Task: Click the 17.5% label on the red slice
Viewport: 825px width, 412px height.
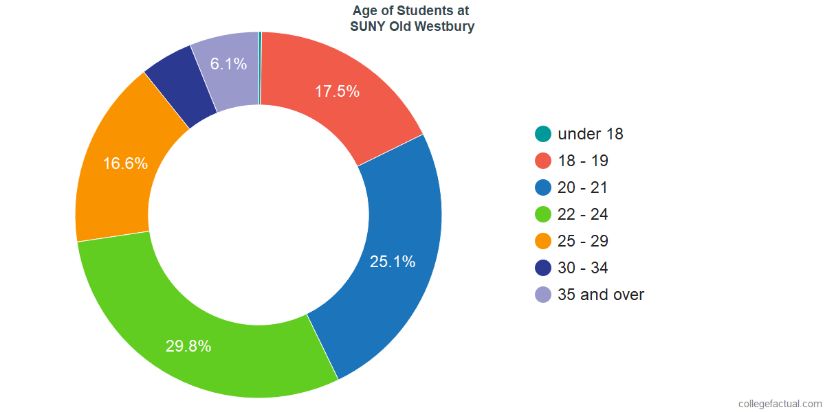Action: coord(337,91)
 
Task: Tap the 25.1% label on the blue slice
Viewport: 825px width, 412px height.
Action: coord(393,262)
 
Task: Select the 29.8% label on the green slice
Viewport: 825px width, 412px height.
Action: coord(188,346)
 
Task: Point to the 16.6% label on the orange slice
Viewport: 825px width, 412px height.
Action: coord(125,163)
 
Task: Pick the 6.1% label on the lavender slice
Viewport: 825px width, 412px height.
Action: coord(228,65)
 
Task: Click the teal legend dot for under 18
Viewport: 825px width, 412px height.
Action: coord(543,134)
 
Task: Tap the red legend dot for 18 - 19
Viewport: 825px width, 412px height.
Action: coord(543,161)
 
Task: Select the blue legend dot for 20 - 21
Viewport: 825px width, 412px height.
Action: coord(543,187)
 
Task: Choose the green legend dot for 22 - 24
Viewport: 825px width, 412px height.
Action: coord(543,214)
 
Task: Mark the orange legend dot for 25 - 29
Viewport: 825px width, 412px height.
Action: coord(543,241)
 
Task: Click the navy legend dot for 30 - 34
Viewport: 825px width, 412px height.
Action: coord(543,268)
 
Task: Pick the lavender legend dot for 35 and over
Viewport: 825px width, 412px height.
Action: coord(543,295)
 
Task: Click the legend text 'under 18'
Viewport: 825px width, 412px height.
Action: coord(591,134)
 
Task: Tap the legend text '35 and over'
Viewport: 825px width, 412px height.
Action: coord(601,295)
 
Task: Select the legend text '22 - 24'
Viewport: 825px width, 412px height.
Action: coord(583,214)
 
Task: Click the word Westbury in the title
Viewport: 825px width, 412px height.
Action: coord(443,27)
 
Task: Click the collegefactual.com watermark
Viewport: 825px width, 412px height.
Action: coord(780,404)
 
